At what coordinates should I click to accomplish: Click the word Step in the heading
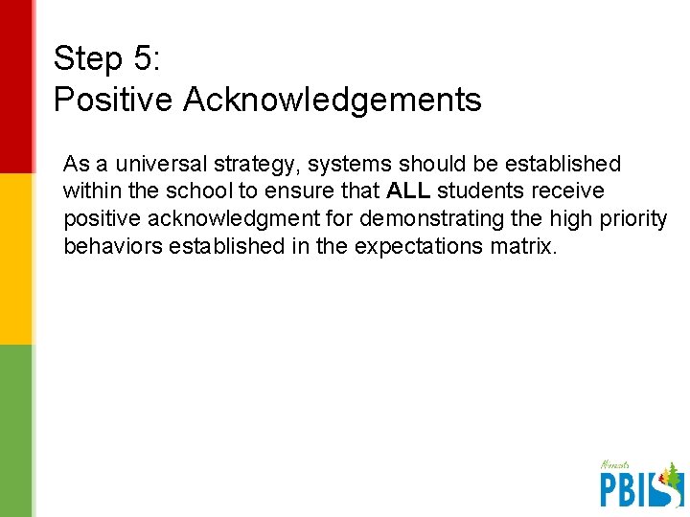(87, 59)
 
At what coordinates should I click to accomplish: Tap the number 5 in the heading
(144, 59)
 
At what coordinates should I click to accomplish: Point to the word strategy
(256, 165)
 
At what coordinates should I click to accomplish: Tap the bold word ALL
(409, 191)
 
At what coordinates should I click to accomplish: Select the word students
(480, 191)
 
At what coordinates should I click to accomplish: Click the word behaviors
(112, 246)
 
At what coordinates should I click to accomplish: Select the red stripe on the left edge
(14, 86)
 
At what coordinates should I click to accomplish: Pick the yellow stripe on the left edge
(14, 258)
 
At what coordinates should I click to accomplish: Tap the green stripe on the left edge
(14, 431)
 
